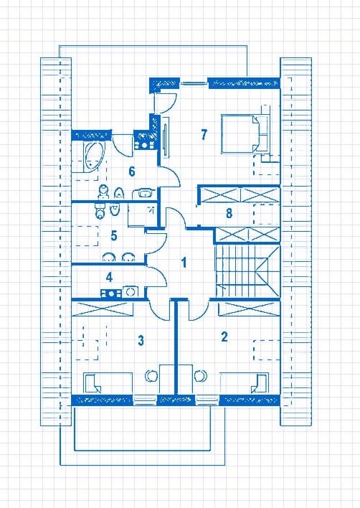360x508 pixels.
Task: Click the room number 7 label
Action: pyautogui.click(x=204, y=134)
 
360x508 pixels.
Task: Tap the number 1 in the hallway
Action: pyautogui.click(x=184, y=263)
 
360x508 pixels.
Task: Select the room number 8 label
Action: pyautogui.click(x=229, y=213)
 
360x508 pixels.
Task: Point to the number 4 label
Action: pyautogui.click(x=109, y=278)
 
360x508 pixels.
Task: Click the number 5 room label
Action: pyautogui.click(x=114, y=235)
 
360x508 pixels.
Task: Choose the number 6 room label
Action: pyautogui.click(x=132, y=171)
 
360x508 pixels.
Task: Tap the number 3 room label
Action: pyautogui.click(x=141, y=341)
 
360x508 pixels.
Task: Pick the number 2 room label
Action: pyautogui.click(x=224, y=337)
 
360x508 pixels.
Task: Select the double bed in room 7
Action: pyautogui.click(x=245, y=133)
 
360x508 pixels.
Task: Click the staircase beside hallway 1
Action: pyautogui.click(x=247, y=271)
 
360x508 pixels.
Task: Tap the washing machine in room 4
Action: pyautogui.click(x=131, y=291)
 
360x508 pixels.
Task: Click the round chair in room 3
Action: pyautogui.click(x=151, y=375)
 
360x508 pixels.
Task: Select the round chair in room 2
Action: pyautogui.click(x=200, y=375)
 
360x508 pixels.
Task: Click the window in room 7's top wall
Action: pyautogui.click(x=194, y=83)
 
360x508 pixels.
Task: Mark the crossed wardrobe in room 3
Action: pyautogui.click(x=102, y=309)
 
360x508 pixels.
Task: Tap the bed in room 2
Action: pyautogui.click(x=244, y=383)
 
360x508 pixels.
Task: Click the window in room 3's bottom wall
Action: pyautogui.click(x=145, y=400)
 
